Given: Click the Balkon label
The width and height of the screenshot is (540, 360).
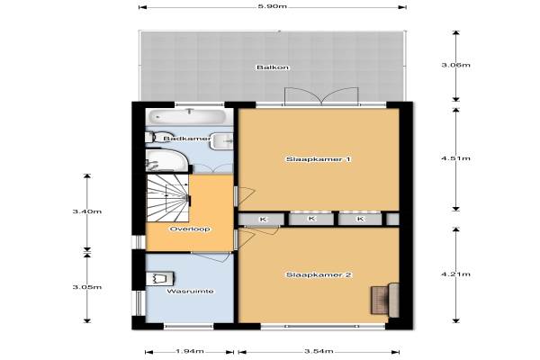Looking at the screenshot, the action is (273, 67).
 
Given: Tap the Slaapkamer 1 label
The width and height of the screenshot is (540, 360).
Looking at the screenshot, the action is (319, 159).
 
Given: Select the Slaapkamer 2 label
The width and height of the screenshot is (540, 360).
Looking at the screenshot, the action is (319, 274).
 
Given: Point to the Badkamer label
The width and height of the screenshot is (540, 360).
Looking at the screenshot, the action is (187, 139).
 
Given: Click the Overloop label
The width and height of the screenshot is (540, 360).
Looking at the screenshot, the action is (190, 229).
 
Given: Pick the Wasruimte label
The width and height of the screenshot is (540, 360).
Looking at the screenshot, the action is (190, 291).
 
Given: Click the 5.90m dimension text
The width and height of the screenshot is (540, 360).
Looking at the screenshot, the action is (273, 6).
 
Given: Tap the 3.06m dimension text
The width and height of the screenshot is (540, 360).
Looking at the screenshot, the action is (456, 65).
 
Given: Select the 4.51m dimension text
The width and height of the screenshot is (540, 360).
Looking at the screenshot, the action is (456, 158).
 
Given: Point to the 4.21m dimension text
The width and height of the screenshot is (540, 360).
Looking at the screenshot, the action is (456, 274).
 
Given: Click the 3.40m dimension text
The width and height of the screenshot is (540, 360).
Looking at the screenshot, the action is (87, 211).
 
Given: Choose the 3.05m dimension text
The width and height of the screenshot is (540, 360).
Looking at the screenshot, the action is (87, 287).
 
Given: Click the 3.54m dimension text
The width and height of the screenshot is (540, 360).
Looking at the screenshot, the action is (319, 351).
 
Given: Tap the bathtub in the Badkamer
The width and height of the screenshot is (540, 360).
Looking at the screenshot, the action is (188, 116).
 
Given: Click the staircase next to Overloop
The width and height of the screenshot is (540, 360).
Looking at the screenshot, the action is (167, 198).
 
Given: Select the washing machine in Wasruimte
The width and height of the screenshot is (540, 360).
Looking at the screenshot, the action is (159, 278).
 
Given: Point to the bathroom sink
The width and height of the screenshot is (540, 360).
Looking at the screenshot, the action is (221, 141).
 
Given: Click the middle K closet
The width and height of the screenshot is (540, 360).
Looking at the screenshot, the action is (311, 219).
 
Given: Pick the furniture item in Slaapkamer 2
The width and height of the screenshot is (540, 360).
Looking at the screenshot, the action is (385, 300).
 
